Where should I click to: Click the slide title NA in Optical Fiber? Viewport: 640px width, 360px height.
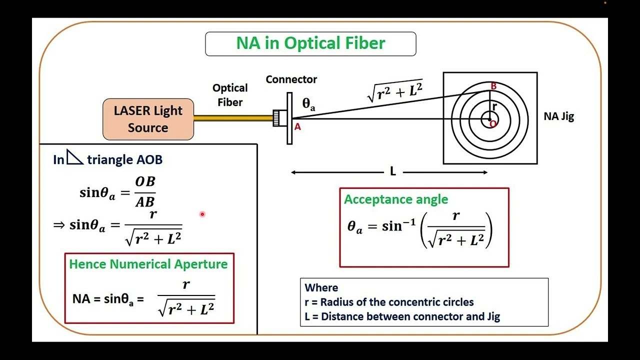(x=310, y=43)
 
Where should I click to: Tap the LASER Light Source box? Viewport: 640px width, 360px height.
(x=148, y=119)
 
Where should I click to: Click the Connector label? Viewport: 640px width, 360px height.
(x=291, y=79)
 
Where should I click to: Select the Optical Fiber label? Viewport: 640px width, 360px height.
(x=230, y=95)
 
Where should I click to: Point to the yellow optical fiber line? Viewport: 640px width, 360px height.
(x=232, y=118)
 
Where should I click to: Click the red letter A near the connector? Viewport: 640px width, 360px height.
(x=297, y=127)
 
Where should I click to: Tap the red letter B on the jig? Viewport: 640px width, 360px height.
(x=493, y=86)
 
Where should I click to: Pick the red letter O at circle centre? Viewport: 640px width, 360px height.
(x=493, y=124)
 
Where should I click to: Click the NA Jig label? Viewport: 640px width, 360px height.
(x=558, y=116)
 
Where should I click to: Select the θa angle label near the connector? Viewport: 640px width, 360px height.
(x=308, y=104)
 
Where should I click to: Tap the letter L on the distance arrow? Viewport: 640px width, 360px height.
(x=393, y=172)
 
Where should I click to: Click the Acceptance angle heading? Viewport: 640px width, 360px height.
(x=396, y=199)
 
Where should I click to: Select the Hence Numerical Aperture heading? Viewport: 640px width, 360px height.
(x=148, y=264)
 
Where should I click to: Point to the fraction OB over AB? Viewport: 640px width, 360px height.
(x=145, y=191)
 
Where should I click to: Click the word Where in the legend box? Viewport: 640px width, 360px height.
(x=321, y=288)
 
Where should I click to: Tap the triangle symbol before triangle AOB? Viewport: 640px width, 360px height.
(x=74, y=157)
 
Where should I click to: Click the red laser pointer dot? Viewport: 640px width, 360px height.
(x=202, y=214)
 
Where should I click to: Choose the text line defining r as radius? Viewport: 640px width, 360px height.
(x=389, y=302)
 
